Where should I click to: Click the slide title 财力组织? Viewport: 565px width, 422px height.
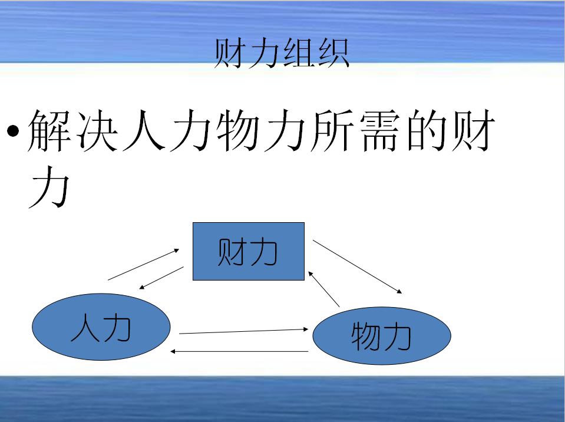click(282, 53)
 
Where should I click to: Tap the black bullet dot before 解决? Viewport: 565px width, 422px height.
click(13, 131)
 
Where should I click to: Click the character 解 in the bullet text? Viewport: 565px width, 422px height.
click(49, 130)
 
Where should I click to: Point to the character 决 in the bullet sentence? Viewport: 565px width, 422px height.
click(97, 130)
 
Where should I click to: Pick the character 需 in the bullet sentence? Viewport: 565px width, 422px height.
click(380, 130)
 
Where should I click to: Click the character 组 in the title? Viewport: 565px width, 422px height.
click(298, 53)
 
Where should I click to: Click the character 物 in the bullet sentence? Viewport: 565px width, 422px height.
click(238, 130)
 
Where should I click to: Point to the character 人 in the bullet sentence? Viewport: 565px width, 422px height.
click(144, 130)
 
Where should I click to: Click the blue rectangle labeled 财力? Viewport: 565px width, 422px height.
click(249, 251)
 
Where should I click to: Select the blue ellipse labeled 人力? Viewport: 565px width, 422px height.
click(101, 327)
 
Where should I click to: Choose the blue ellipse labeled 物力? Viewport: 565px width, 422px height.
click(382, 335)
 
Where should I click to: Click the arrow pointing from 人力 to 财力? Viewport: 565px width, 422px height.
click(143, 265)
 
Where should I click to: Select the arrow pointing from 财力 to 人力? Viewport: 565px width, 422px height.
click(161, 278)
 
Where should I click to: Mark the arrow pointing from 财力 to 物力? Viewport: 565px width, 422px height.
click(357, 266)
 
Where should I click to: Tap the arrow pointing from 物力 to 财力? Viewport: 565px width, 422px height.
click(324, 289)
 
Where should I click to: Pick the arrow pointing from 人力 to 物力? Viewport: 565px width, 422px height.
click(243, 331)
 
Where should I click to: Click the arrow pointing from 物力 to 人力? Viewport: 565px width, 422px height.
click(239, 351)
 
